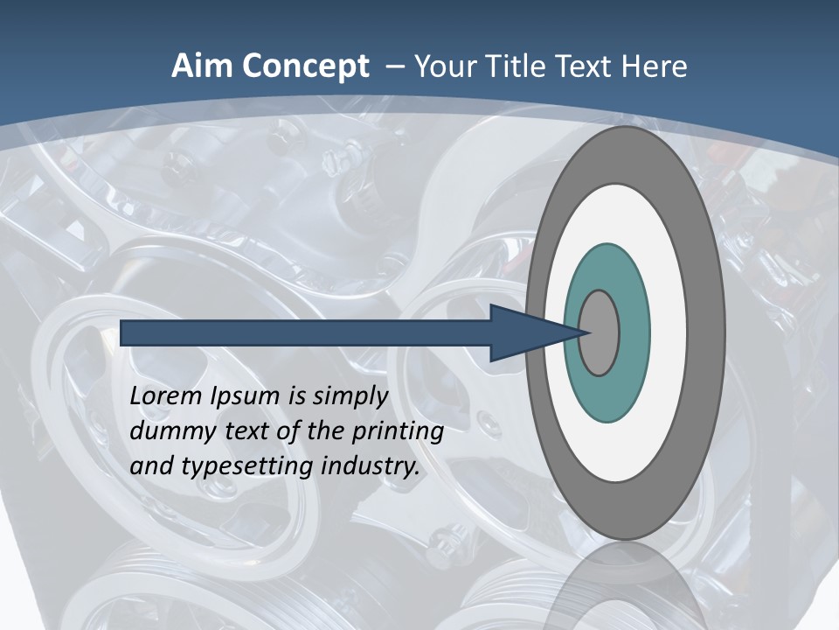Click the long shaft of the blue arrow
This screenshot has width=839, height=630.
[306, 333]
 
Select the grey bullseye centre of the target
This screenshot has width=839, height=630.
[600, 333]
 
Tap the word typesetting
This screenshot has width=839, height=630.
[246, 466]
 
